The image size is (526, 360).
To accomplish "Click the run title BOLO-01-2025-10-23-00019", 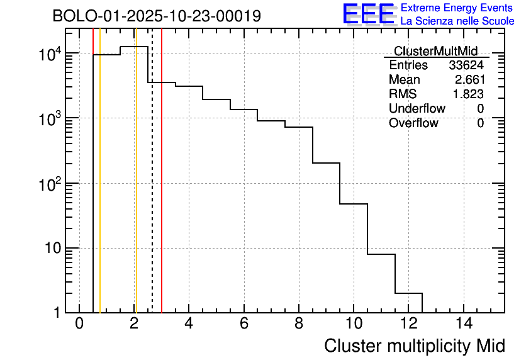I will [x=157, y=16].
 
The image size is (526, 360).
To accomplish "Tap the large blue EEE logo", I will [x=369, y=14].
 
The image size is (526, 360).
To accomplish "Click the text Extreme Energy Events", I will [x=457, y=8].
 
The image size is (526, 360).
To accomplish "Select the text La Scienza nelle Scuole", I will [x=457, y=21].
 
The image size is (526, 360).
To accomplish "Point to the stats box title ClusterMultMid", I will [x=435, y=51].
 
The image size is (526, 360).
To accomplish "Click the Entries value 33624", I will [x=466, y=65].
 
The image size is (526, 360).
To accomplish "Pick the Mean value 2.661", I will [x=469, y=80].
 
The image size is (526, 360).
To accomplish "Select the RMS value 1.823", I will [x=469, y=94].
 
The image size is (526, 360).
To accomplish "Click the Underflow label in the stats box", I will [x=417, y=109].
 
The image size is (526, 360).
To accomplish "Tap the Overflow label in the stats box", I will [x=413, y=123].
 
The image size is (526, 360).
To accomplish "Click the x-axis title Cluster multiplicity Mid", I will [x=414, y=346].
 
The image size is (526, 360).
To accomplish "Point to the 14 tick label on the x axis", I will [x=463, y=324].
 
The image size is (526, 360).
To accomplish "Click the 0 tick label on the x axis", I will [x=79, y=324].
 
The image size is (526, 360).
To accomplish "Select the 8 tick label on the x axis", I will [x=299, y=324].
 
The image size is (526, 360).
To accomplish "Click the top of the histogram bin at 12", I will [x=408, y=293].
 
